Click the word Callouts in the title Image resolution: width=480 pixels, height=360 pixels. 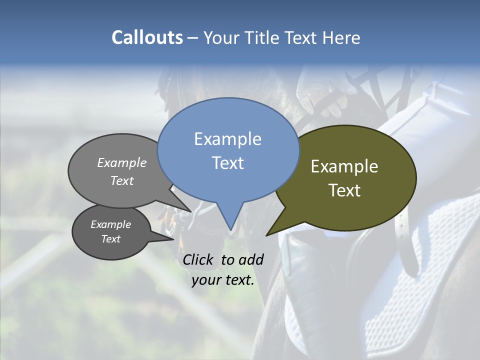pos(147,37)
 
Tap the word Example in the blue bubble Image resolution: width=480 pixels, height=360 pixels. pos(227,139)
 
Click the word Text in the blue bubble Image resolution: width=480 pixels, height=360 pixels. pos(227,163)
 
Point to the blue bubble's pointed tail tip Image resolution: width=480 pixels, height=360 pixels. pos(231,230)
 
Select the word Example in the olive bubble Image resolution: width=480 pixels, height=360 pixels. pos(344,166)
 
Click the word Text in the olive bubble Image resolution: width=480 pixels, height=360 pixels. pos(344,190)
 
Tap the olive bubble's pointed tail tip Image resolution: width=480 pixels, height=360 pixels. pos(266,235)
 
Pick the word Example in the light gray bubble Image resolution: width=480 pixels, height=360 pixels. pos(122,163)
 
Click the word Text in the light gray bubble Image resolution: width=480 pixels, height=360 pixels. pos(122,181)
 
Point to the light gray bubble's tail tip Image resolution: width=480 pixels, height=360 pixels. pos(191,211)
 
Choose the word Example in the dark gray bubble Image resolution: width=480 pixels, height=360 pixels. pos(110,224)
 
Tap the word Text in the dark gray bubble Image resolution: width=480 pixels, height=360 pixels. pos(110,239)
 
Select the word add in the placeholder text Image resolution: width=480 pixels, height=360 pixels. pos(251,259)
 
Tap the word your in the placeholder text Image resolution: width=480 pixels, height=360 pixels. pos(206,280)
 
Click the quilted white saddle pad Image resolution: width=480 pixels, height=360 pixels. pos(425,280)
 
